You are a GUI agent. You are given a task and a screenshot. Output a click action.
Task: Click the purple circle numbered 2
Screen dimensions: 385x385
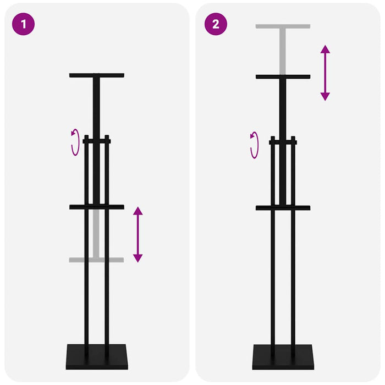215,24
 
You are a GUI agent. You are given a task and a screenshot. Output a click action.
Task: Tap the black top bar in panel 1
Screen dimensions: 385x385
97,75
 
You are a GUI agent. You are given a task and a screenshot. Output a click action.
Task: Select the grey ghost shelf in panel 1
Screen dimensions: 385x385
97,260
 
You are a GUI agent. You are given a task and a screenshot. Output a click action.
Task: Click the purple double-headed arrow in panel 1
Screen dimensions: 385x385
138,234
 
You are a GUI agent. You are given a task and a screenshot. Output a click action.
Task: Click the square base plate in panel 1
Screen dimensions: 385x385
97,356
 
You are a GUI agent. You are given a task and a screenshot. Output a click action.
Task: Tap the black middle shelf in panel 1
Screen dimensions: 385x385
97,207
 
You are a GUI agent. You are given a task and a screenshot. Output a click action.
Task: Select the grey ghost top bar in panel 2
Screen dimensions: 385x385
283,26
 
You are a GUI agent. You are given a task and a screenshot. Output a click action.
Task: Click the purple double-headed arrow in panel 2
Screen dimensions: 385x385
325,73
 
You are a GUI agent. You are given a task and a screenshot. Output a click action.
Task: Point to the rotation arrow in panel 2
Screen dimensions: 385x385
255,145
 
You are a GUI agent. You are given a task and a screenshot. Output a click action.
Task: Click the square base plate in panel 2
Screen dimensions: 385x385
283,356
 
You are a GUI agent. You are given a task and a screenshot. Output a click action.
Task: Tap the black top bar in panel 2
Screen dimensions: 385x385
283,76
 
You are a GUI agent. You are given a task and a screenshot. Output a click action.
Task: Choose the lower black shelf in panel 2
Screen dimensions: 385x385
283,207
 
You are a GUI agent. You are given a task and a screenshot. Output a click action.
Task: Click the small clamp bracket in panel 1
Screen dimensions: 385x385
97,141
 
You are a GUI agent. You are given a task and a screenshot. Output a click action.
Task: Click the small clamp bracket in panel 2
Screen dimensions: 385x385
283,142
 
